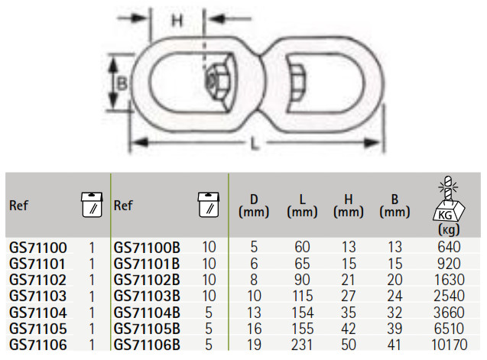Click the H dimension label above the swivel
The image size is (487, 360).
(x=177, y=21)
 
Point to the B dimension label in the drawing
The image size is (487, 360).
(x=122, y=83)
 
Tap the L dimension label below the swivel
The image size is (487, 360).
(x=255, y=144)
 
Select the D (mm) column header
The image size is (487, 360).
(x=254, y=206)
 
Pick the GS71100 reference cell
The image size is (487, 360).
(x=38, y=248)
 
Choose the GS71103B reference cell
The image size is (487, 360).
(x=147, y=296)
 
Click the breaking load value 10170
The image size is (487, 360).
(x=449, y=345)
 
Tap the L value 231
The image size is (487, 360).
(x=302, y=345)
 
